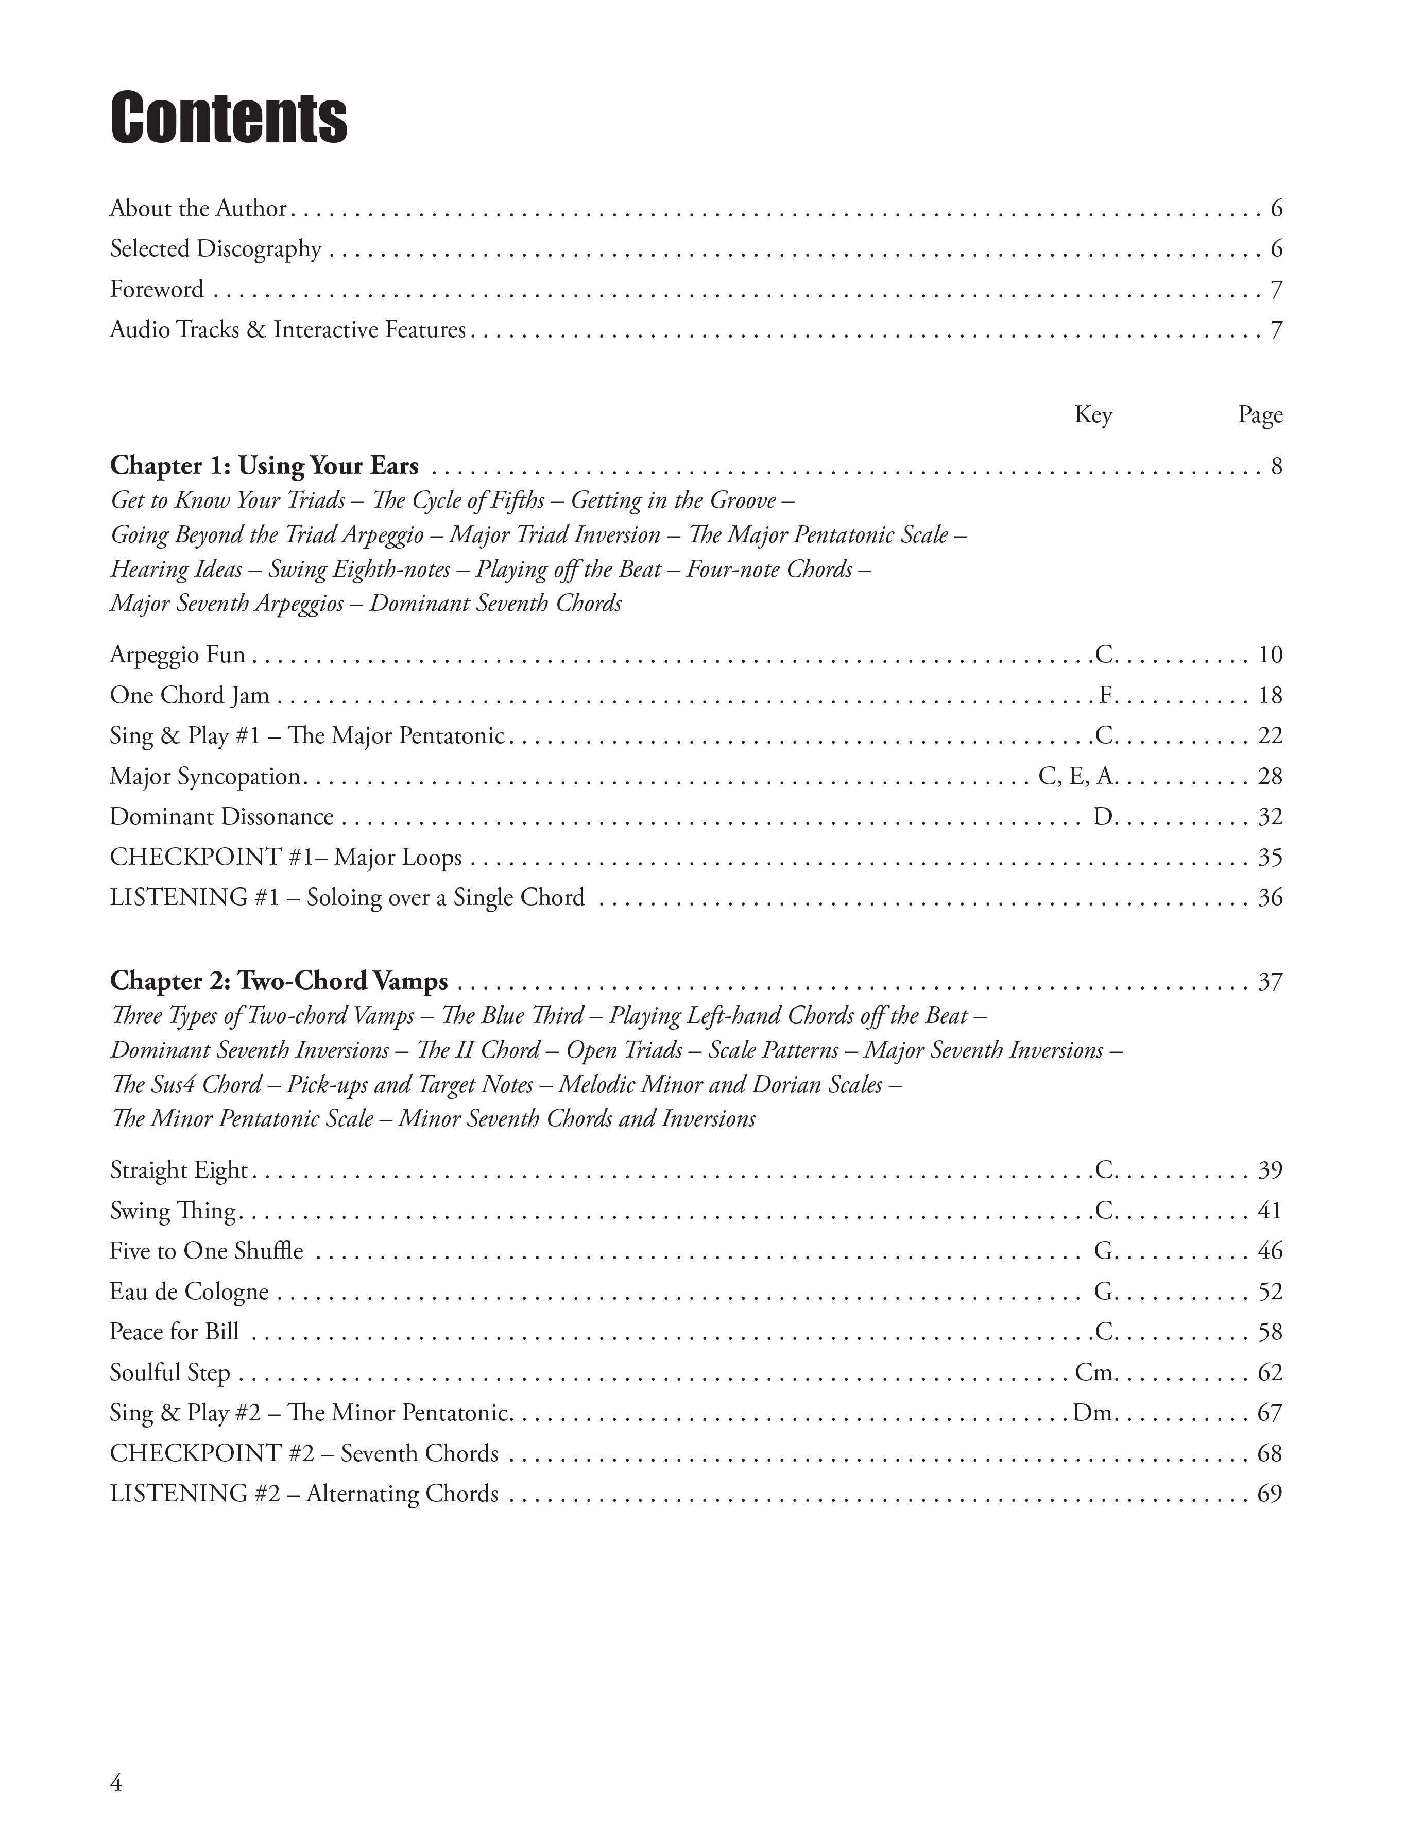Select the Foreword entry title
tap(157, 290)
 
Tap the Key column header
tap(1093, 414)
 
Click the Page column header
tap(1259, 414)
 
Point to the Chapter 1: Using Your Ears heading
tap(264, 465)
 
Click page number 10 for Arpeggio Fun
tap(1270, 655)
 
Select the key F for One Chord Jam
tap(1106, 695)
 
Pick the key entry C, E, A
tap(1076, 777)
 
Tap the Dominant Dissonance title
tap(221, 816)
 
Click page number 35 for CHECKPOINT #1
tap(1270, 858)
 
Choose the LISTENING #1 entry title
tap(347, 898)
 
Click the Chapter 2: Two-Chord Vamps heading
tap(279, 981)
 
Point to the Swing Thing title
tap(173, 1211)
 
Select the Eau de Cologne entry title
tap(189, 1292)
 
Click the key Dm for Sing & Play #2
tap(1093, 1413)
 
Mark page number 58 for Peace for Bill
tap(1270, 1332)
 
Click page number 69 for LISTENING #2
tap(1270, 1494)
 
